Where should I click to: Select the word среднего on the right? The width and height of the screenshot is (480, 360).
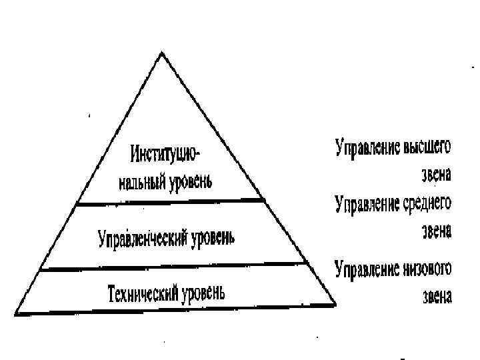(x=426, y=203)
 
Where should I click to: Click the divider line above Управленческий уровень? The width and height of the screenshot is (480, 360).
(x=170, y=203)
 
